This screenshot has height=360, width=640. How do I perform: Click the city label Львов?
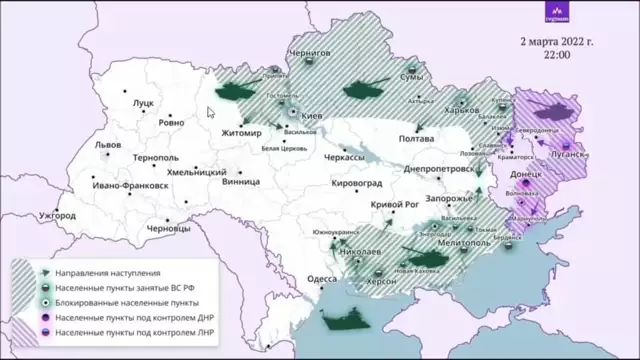107,144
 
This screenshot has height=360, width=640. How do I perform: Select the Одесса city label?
320,279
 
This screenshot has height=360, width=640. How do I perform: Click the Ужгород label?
57,215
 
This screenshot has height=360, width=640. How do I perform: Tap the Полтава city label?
416,139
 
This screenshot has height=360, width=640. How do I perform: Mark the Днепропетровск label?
437,171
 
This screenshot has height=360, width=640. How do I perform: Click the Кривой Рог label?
394,204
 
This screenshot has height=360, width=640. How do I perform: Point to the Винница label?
241,183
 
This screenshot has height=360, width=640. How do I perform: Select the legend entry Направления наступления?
105,272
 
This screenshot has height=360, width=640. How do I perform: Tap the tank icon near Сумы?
364,91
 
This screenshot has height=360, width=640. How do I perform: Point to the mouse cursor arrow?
211,113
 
